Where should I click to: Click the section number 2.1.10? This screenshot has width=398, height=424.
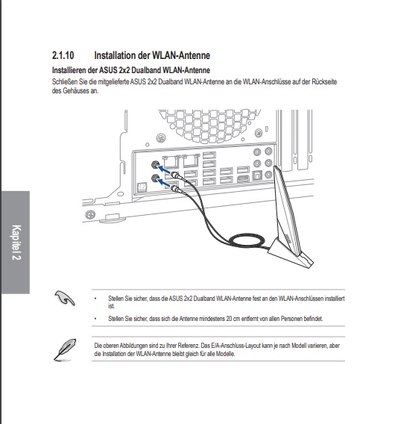(x=63, y=55)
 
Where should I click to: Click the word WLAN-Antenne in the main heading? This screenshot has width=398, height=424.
(x=181, y=55)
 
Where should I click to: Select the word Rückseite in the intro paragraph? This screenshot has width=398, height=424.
(x=324, y=81)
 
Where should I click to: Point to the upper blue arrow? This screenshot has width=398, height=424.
(x=164, y=169)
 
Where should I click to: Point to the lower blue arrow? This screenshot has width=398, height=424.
(x=164, y=183)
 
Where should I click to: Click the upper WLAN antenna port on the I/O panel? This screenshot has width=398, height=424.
(x=155, y=164)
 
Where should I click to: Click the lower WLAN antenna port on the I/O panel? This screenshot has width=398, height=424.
(x=155, y=178)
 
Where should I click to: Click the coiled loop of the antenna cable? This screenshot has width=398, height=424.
(x=246, y=240)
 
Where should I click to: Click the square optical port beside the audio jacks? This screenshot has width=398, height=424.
(x=256, y=175)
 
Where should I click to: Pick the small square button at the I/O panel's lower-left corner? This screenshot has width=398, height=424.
(x=142, y=187)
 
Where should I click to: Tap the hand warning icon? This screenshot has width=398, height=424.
(x=65, y=298)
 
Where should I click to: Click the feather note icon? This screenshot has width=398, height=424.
(x=65, y=349)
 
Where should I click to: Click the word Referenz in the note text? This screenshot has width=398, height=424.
(x=189, y=346)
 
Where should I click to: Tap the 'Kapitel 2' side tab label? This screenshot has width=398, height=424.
(x=16, y=243)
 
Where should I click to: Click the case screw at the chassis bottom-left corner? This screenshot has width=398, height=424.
(x=90, y=215)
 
